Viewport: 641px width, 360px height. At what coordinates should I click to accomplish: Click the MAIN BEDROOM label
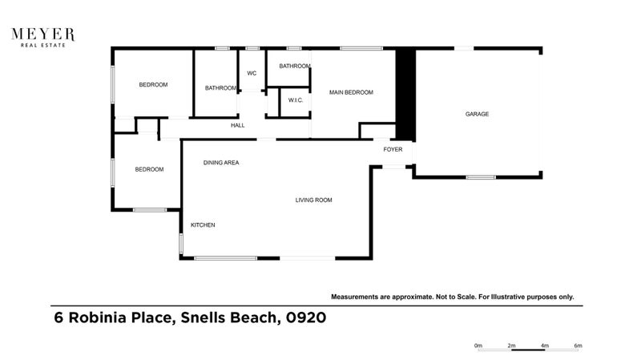click(351, 93)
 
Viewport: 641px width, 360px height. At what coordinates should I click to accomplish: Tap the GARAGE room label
click(477, 114)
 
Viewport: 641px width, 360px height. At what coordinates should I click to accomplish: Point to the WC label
click(251, 74)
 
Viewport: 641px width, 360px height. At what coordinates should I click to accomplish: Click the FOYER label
click(393, 149)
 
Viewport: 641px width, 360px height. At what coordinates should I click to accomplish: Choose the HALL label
click(237, 126)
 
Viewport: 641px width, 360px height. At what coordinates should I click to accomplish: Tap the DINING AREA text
click(221, 163)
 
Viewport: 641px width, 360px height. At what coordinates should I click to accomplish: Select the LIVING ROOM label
click(313, 200)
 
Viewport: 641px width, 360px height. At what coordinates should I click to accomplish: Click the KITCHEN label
click(202, 225)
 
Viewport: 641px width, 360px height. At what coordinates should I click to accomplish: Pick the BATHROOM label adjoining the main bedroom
click(294, 66)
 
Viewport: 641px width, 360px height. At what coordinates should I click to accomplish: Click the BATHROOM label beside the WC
click(220, 88)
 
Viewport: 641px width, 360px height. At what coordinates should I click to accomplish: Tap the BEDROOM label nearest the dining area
click(149, 169)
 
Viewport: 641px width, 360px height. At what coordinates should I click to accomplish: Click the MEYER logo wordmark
click(42, 34)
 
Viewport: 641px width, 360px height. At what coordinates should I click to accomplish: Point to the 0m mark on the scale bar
click(478, 346)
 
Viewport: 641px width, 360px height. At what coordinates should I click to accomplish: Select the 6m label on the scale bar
click(578, 346)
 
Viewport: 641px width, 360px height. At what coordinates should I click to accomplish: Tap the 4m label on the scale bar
click(545, 346)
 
